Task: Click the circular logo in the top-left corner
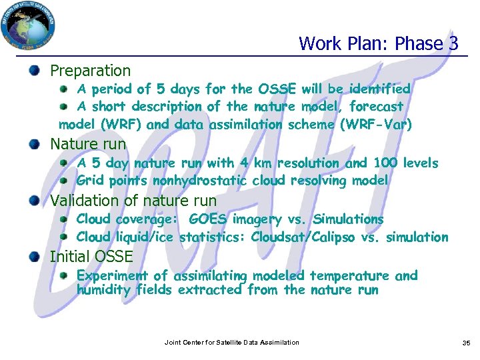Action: (x=27, y=25)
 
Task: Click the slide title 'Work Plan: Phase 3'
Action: (x=378, y=44)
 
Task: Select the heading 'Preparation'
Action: (x=91, y=71)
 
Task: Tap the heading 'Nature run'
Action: (x=88, y=143)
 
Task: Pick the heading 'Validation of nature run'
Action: (x=133, y=201)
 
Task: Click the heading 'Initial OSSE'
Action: (x=91, y=257)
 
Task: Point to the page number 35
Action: (x=466, y=343)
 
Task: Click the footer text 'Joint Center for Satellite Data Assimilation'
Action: (x=232, y=343)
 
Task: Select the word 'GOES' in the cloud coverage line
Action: (x=208, y=219)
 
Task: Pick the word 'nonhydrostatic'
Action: (x=199, y=181)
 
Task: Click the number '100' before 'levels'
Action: (x=386, y=163)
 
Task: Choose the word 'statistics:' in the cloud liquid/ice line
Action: (x=212, y=237)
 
